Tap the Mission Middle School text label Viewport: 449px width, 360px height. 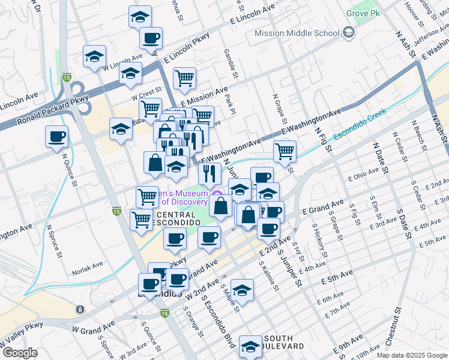coord(297,34)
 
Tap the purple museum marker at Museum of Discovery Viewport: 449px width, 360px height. coord(218,193)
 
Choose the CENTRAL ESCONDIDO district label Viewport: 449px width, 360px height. coord(175,219)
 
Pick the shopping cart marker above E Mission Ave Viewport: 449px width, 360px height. coord(184,77)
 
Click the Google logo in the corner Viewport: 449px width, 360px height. coord(20,353)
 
